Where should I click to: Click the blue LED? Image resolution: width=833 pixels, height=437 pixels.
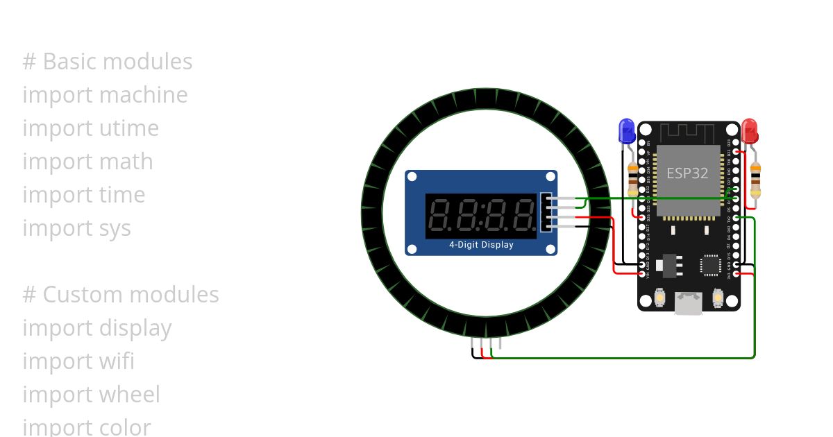click(626, 130)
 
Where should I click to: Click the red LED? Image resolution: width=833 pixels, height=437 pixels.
click(749, 130)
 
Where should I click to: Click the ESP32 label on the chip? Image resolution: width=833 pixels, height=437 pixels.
click(687, 173)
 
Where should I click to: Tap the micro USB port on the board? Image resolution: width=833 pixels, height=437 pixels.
click(689, 303)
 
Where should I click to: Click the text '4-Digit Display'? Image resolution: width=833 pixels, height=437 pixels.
click(481, 245)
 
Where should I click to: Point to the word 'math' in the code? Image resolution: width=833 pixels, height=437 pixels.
click(126, 162)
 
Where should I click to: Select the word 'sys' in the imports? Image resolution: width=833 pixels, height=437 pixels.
click(115, 228)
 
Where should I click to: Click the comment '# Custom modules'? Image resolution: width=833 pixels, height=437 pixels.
click(121, 295)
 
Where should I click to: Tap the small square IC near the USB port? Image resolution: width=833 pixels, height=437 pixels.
click(710, 264)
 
